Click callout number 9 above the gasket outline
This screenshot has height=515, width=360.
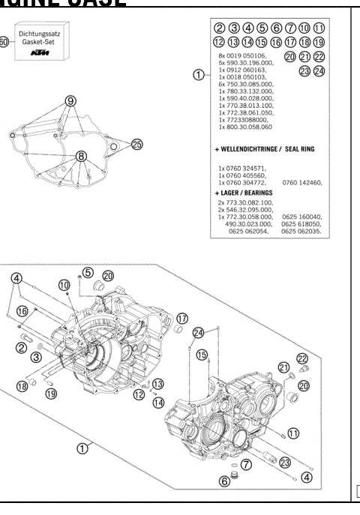coord(71,100)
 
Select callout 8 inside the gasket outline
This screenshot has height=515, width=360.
coord(81,156)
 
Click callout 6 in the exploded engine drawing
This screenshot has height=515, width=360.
coord(224,481)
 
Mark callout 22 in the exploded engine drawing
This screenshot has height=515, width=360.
coord(302,358)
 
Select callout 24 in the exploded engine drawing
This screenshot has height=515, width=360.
coord(198,332)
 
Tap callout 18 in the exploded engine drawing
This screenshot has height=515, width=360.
coord(22,386)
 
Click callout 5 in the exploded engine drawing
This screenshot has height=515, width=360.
coord(88,273)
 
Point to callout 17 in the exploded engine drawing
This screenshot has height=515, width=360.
coord(181,318)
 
